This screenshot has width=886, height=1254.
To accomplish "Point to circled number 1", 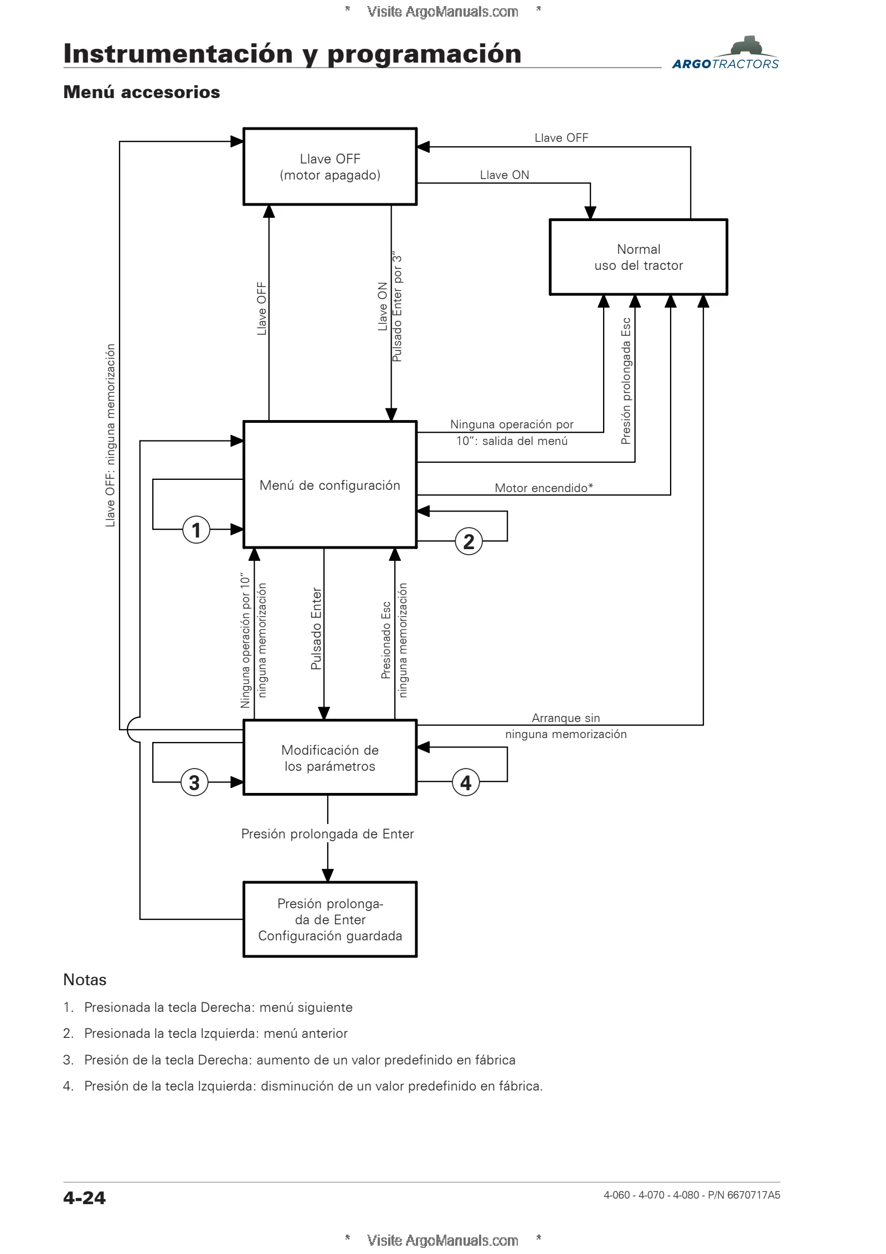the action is coord(196,530).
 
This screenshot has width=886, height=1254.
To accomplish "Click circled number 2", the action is coord(468,541).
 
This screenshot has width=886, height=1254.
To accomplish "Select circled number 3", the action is coord(194,782).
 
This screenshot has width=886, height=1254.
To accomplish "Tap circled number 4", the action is coord(466,782).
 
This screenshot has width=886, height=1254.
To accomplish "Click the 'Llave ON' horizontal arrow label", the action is coord(504,175).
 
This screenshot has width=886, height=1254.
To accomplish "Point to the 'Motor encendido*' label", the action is coord(544,488).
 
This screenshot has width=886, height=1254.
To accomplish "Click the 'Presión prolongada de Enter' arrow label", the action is coord(327,834).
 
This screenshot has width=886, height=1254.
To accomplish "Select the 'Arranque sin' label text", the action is coord(566,718).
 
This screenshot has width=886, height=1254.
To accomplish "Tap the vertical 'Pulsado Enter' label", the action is coord(316,629).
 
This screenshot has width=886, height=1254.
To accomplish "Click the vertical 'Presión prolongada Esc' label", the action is coord(626,381).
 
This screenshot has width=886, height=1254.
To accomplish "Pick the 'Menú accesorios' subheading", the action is coord(142,92).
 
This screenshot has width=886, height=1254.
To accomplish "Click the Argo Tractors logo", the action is coord(725,54).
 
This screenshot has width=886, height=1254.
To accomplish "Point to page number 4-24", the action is coord(84,1197).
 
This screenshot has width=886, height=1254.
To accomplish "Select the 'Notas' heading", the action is coord(85,980).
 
